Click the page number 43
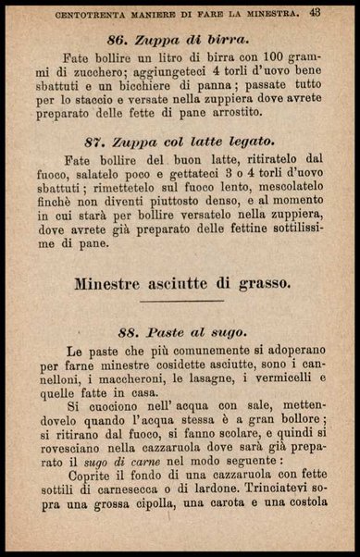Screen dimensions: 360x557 (315, 12)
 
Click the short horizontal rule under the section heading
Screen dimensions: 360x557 (180, 301)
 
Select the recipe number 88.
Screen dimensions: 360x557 (131, 331)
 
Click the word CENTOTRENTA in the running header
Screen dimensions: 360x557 (99, 13)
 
